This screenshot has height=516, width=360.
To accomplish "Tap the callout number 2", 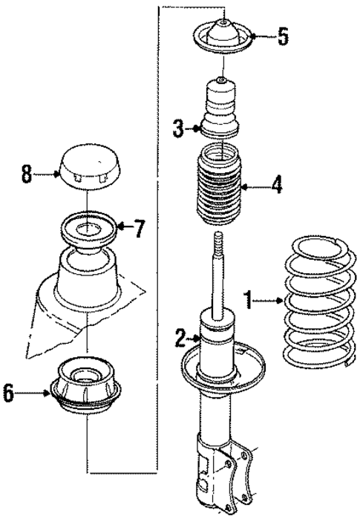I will (179, 339).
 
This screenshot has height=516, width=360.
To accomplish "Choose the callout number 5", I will (283, 37).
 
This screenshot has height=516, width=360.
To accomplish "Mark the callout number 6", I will (8, 394).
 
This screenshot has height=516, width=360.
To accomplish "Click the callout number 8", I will (27, 175).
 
